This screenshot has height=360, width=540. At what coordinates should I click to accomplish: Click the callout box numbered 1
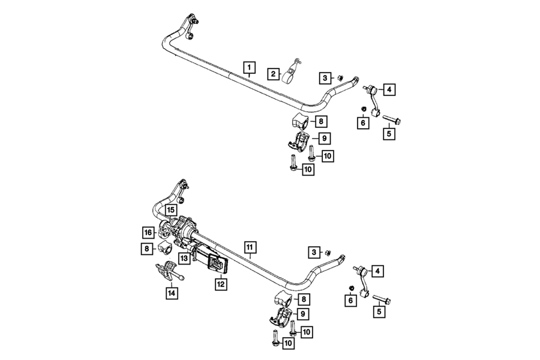[x=250, y=68]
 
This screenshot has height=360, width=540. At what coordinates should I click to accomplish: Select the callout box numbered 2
[x=273, y=74]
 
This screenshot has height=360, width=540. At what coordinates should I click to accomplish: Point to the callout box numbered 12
[x=220, y=284]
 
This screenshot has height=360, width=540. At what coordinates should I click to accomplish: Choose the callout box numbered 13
[x=184, y=258]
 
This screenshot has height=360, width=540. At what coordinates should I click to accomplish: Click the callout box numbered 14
[x=172, y=293]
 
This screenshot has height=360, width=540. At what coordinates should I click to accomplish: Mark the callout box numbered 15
[x=171, y=210]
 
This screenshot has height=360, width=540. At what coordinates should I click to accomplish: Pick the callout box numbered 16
[x=148, y=233]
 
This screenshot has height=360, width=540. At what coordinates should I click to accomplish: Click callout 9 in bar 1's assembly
[x=324, y=139]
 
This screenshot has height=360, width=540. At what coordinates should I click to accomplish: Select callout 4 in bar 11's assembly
[x=377, y=271]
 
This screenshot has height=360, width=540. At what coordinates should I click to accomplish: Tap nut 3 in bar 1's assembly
[x=339, y=78]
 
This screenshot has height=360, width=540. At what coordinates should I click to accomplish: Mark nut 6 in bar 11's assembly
[x=352, y=288]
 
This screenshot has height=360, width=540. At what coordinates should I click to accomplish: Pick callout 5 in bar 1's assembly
[x=389, y=134]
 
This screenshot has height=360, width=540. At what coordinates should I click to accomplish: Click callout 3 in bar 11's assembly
[x=314, y=253]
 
